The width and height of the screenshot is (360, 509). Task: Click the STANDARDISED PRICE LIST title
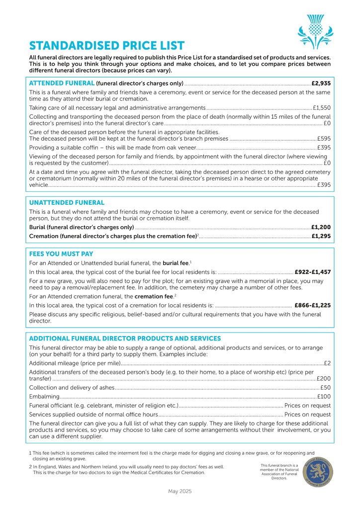[107, 46]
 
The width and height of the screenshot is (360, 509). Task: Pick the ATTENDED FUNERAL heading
[62, 83]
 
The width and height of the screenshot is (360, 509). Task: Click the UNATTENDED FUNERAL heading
[67, 203]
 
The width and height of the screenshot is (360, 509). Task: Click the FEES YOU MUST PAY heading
[61, 254]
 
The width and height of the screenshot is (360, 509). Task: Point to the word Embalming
[44, 396]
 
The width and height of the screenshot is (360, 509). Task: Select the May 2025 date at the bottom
[180, 491]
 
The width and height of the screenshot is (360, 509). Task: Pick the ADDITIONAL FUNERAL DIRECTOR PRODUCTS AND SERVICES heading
[125, 339]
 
